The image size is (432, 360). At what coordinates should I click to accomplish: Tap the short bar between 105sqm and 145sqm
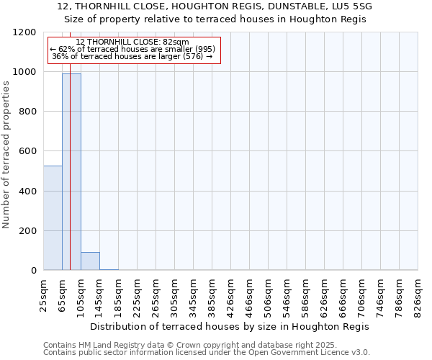[x=90, y=261]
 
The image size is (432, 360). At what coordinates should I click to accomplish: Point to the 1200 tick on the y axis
[x=26, y=32]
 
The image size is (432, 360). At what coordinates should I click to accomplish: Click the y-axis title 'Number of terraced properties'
[x=6, y=155]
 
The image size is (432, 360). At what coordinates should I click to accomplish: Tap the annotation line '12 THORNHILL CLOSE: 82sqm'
[x=132, y=42]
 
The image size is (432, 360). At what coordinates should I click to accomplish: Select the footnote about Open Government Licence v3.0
[x=207, y=353]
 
